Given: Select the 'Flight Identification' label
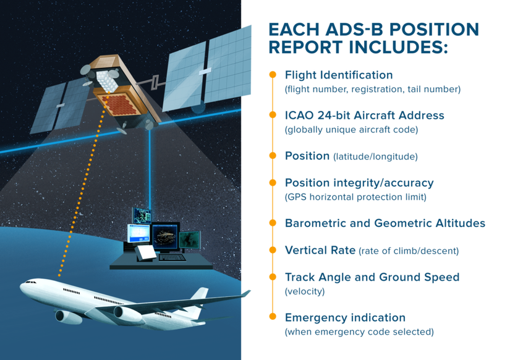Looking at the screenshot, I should point(338,75).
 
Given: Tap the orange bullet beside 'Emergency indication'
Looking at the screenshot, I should point(273,317).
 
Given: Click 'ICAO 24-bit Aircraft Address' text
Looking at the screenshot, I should point(364,115).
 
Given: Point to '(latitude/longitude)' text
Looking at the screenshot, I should point(375,156).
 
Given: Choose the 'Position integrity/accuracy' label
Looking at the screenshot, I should point(359,182).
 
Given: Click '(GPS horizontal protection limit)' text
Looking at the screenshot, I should point(355,197).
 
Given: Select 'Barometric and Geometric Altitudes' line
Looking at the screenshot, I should point(385,223).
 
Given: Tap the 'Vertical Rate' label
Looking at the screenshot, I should point(320,251).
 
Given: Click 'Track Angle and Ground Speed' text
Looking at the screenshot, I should point(372,277).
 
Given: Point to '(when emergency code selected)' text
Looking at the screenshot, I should point(359,332).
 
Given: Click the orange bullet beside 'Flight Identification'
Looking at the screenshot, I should point(273,75).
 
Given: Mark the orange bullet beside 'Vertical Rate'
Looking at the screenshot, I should point(273,251).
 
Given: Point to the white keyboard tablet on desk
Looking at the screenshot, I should point(146,253).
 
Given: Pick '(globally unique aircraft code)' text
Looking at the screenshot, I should point(351,130).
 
